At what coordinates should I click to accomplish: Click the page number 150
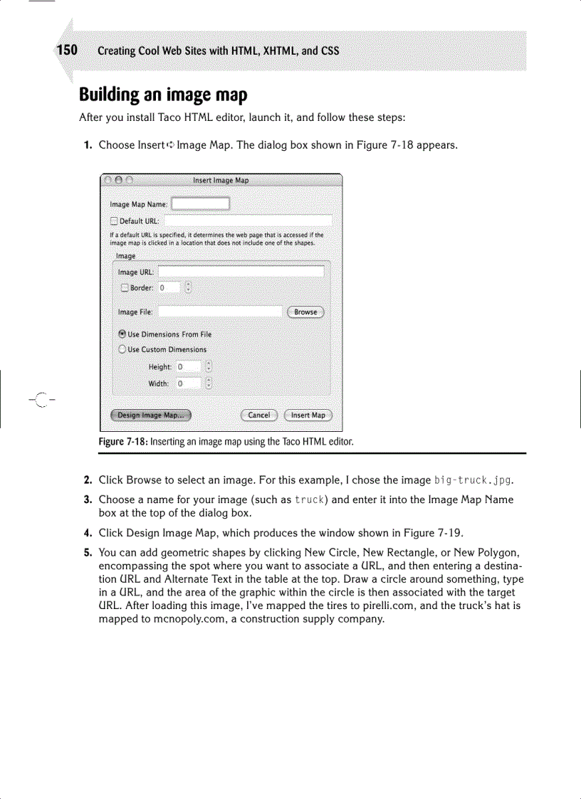[67, 51]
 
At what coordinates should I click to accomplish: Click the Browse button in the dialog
[305, 312]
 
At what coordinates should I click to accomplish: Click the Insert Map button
[308, 415]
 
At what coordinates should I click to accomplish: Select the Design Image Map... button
[150, 415]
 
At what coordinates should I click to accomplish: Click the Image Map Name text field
[201, 204]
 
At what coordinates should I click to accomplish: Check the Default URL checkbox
[114, 221]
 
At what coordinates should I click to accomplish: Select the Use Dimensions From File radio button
[122, 334]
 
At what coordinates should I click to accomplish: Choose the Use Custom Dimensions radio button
[122, 349]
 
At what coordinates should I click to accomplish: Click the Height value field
[189, 367]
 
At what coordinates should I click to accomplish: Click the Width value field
[189, 383]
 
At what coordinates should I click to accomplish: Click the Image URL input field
[241, 272]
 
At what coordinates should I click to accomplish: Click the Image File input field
[220, 312]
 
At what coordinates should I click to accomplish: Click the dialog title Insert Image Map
[221, 181]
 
